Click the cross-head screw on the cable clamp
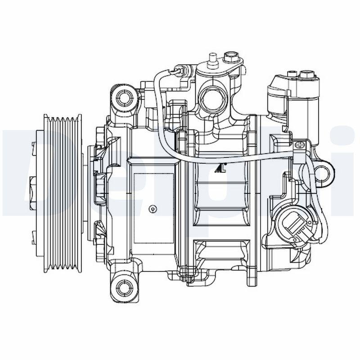point(299,145)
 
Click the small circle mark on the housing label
point(153,209)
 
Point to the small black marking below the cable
point(220,169)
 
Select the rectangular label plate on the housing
point(153,207)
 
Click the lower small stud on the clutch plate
point(33,234)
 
